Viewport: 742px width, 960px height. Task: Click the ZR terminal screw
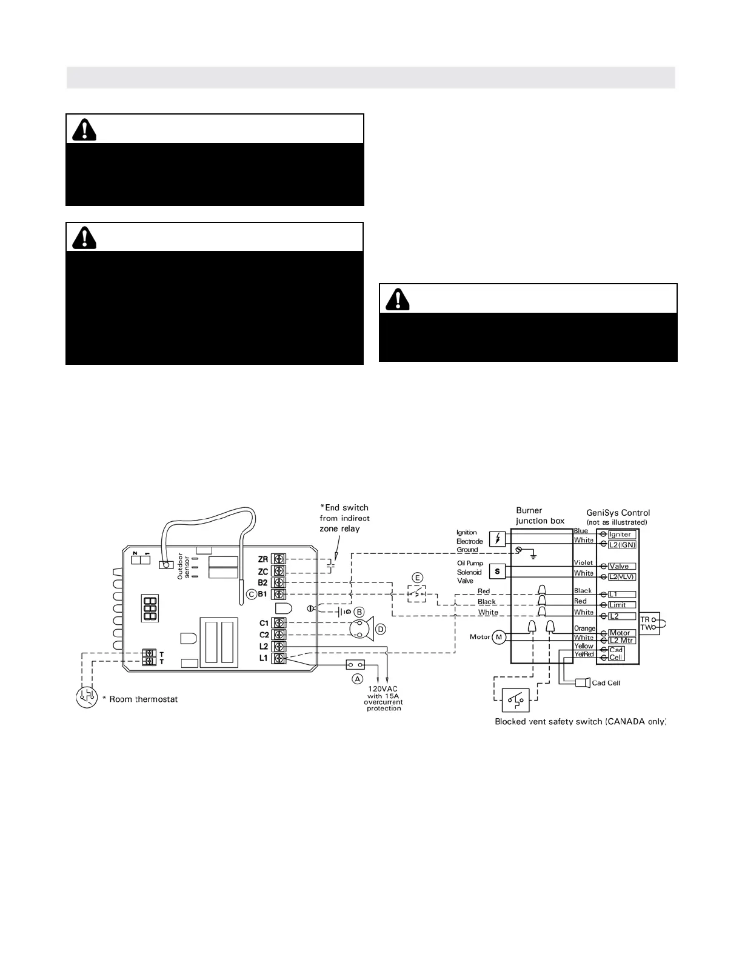pos(279,559)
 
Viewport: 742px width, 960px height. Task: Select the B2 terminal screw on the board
pos(279,582)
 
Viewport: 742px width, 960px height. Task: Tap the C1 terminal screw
pos(279,623)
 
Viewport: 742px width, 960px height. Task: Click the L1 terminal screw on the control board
pos(279,658)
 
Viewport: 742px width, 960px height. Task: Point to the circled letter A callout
pos(358,679)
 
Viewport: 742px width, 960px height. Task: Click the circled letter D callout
pos(380,629)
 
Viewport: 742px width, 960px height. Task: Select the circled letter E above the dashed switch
pos(417,578)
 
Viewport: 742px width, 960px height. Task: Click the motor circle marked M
pos(499,637)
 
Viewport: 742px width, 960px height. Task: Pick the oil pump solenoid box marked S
pos(497,571)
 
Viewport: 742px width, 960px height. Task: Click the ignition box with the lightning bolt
pos(497,538)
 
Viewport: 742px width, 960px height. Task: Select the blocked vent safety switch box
pos(515,700)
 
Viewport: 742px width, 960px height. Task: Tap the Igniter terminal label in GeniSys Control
pos(620,535)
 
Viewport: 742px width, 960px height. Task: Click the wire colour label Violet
pos(583,563)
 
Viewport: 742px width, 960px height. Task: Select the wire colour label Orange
pos(584,629)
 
